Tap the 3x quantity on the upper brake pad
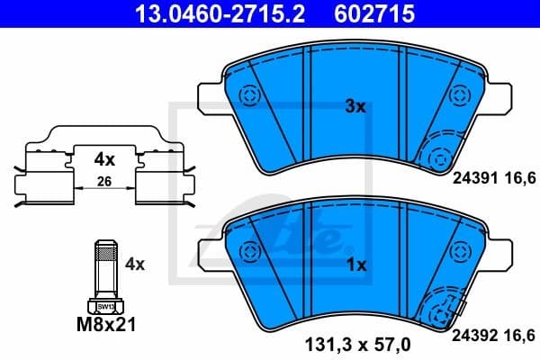tap(355, 106)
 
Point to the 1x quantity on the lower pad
tap(355, 265)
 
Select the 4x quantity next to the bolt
tap(135, 265)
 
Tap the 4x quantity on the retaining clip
tap(105, 160)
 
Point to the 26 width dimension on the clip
tap(104, 183)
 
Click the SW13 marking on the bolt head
tap(105, 307)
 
